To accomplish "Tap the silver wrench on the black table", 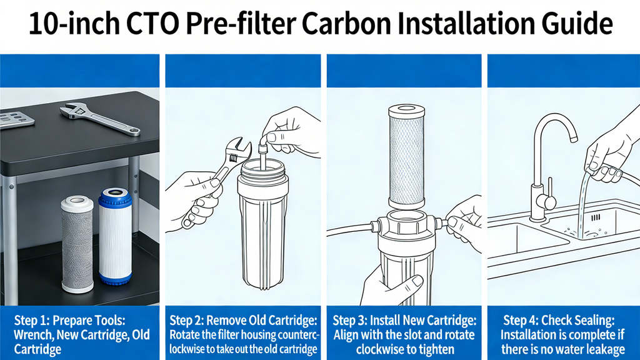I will coord(100,119).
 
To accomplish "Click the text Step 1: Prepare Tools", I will coord(69,319).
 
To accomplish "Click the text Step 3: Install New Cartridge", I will coord(405,319).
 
